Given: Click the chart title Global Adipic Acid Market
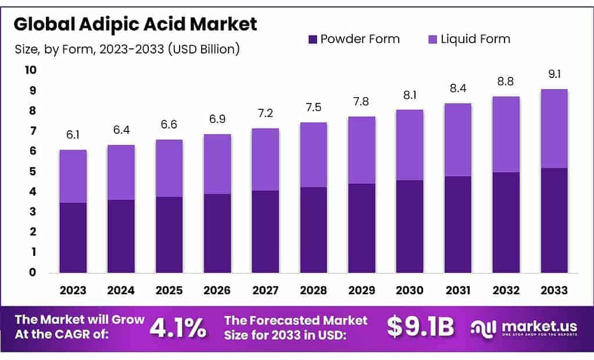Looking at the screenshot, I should (x=135, y=24).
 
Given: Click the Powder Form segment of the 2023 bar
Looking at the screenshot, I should (x=73, y=237).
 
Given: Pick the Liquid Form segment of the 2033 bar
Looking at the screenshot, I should (x=554, y=129).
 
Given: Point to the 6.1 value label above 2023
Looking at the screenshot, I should (x=73, y=135).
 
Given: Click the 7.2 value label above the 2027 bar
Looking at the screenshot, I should (x=266, y=113).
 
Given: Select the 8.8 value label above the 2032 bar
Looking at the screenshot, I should (x=506, y=81).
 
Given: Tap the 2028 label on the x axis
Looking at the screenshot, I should (x=313, y=290).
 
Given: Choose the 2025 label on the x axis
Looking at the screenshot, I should (x=169, y=290).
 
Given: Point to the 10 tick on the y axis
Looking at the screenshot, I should (x=30, y=70).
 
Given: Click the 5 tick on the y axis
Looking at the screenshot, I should (x=33, y=172).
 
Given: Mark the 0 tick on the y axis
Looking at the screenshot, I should (x=33, y=272).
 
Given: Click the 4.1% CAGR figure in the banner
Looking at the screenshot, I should (x=178, y=328).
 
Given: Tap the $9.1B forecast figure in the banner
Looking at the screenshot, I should (x=420, y=328).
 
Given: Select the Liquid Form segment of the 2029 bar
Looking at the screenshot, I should (x=362, y=150).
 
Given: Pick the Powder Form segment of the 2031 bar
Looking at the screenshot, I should (x=458, y=224).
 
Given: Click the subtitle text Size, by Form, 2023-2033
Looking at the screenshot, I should (x=127, y=49).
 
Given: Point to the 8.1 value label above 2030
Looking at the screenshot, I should (x=410, y=94).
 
